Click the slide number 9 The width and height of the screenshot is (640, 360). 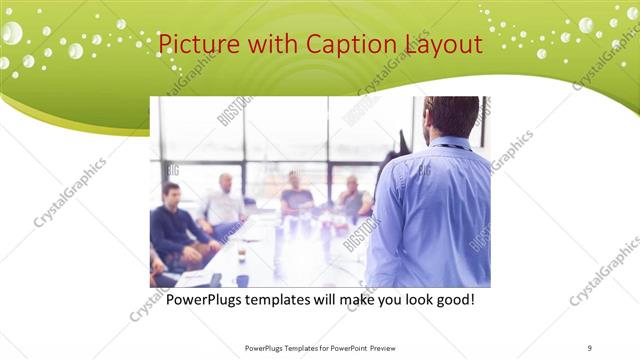[x=589, y=347]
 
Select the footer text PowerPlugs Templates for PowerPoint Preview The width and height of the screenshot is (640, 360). [x=317, y=347]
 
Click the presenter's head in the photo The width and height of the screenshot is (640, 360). [x=452, y=118]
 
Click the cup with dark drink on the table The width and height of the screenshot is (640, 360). [x=241, y=254]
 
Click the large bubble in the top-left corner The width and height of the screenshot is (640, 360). [x=11, y=32]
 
